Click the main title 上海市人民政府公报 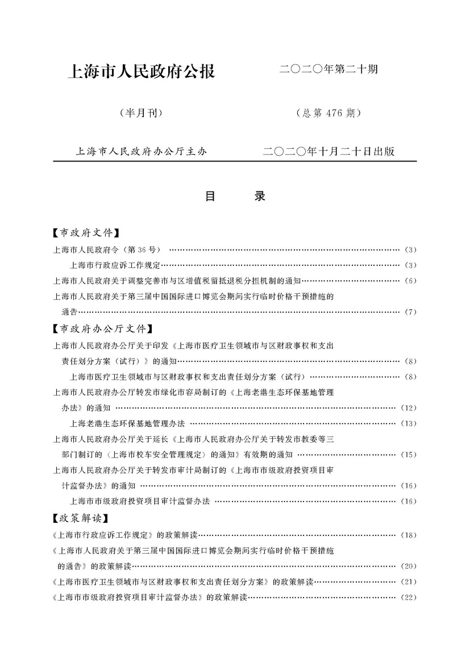tap(141, 72)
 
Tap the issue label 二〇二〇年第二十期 tap(328, 70)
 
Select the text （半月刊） tap(141, 113)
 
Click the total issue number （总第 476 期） tap(328, 113)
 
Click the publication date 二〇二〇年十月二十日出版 tap(328, 152)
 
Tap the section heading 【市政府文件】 tap(85, 232)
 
